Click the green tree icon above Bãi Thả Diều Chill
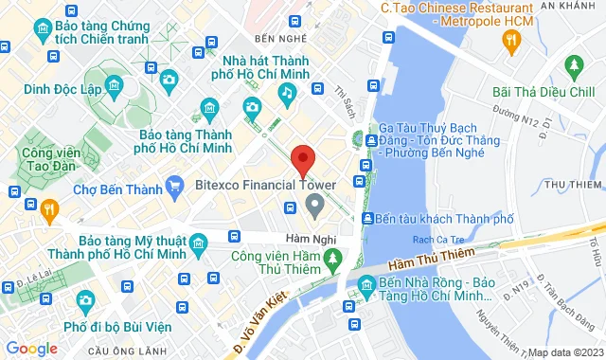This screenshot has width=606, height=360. (573, 66)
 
